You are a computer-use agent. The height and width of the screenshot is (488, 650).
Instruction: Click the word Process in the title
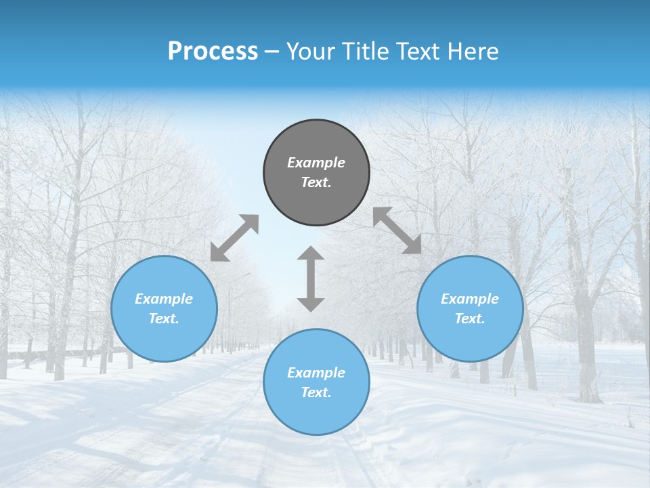(213, 52)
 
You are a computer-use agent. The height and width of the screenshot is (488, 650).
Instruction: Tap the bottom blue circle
(316, 413)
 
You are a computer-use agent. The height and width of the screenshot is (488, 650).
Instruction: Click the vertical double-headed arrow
(311, 279)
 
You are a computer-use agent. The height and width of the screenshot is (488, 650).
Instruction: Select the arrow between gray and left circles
(234, 238)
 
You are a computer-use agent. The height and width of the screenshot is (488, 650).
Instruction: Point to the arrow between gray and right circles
(397, 230)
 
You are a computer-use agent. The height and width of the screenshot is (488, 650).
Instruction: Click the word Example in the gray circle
(316, 163)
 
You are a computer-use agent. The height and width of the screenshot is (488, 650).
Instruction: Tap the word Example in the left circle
(164, 299)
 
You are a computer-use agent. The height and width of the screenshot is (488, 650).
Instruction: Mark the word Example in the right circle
(470, 299)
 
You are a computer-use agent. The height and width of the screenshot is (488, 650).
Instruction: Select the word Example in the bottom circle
(316, 373)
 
